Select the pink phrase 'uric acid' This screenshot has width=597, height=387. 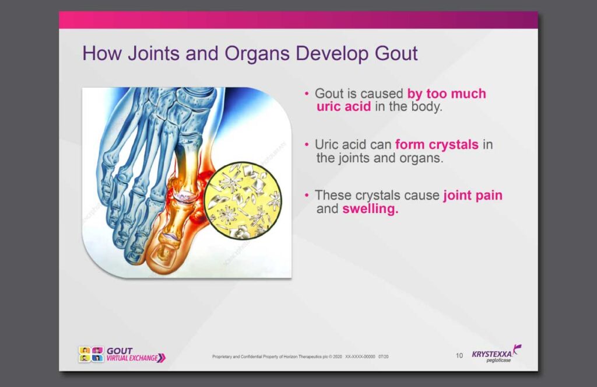coord(343,106)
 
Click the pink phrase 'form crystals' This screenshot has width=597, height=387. coord(437,145)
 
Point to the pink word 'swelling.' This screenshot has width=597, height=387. coord(370,209)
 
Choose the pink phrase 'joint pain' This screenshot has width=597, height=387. coord(473,196)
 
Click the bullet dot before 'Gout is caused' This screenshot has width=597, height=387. coord(307,93)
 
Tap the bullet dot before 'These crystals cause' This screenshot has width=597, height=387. coord(307,195)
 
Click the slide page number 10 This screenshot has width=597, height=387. coord(459,355)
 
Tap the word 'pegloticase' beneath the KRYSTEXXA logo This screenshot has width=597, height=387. coord(498,360)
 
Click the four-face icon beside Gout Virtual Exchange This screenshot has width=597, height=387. coord(91,354)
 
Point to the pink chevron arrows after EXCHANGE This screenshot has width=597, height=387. coord(162,358)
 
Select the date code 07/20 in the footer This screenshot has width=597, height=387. coord(384,357)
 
